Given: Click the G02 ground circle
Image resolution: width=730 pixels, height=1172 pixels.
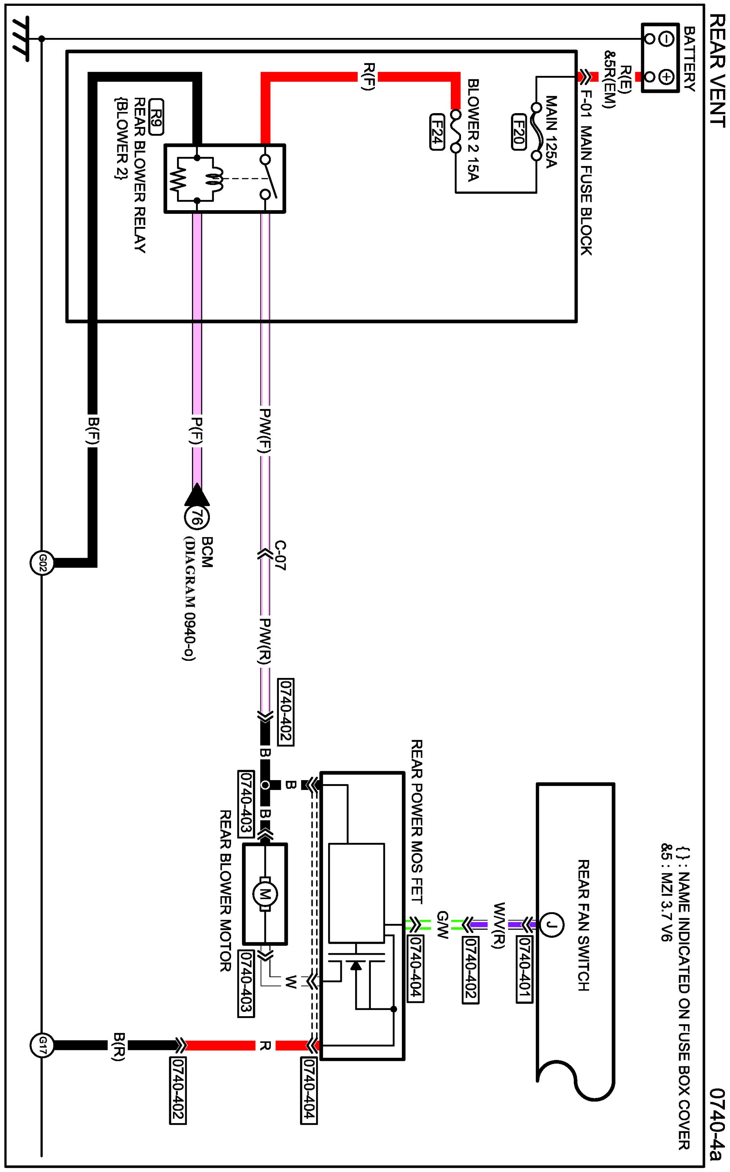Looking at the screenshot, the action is pos(42,563).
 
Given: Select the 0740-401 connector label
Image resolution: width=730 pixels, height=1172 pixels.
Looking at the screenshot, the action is pos(525,969).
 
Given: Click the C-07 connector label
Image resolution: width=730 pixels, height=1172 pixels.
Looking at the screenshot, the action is pos(280,555).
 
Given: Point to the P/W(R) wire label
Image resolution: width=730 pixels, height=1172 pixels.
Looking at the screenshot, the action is pos(265,641).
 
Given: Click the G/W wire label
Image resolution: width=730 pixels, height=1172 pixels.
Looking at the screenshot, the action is pos(442,925).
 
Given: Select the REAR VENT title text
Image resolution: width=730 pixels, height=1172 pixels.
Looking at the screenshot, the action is pos(717,70).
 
